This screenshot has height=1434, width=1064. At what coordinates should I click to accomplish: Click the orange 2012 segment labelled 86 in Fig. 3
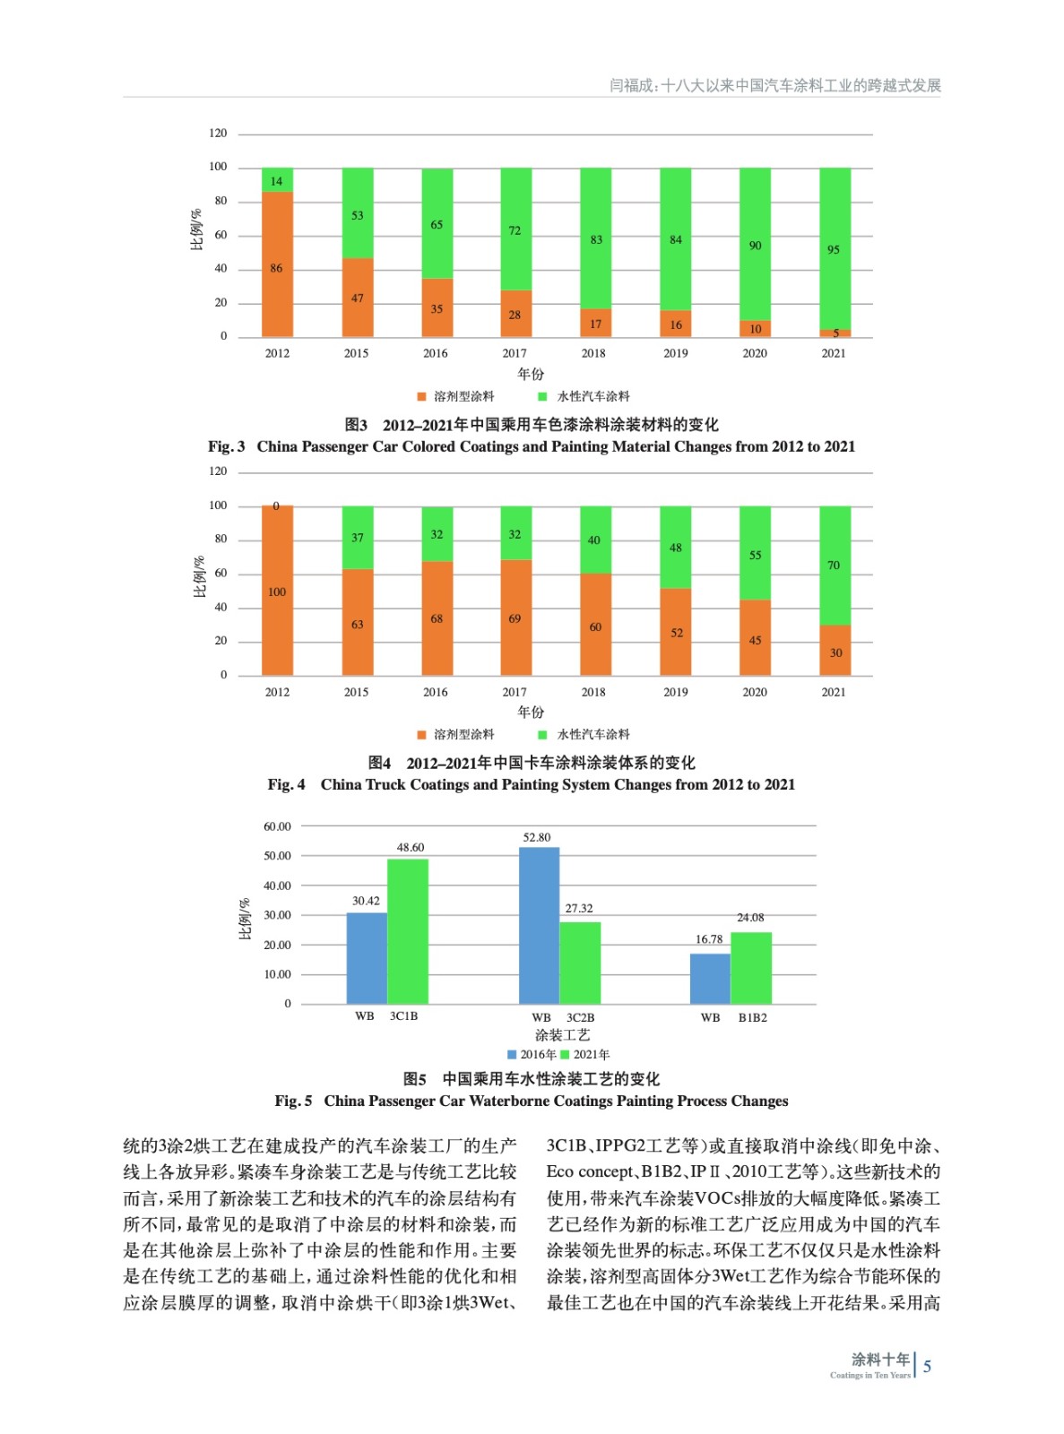click(277, 264)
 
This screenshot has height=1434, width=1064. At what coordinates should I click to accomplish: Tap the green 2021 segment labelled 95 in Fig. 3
click(835, 248)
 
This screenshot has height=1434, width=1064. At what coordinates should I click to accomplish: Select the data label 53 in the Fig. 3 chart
click(357, 215)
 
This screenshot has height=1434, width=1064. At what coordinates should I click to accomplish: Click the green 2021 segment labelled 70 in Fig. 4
click(835, 566)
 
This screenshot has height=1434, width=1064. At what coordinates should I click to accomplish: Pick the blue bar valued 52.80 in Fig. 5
click(539, 925)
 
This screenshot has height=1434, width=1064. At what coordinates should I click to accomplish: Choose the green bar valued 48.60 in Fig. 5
click(408, 931)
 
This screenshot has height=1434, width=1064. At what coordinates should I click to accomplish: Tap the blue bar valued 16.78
click(710, 979)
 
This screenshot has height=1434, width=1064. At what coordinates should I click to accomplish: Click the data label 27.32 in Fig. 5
click(579, 908)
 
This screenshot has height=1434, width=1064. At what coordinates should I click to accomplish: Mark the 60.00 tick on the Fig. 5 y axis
click(277, 826)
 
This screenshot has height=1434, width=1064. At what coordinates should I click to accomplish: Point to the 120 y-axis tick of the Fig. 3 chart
click(218, 133)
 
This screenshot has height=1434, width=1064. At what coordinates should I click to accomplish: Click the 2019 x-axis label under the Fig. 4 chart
click(676, 692)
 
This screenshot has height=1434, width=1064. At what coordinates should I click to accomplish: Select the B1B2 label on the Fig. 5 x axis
click(753, 1017)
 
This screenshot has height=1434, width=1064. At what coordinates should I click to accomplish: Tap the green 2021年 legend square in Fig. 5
click(566, 1055)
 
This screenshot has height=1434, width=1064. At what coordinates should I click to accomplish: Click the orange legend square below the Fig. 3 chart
click(421, 396)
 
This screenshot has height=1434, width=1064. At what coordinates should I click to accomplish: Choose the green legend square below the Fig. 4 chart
click(542, 735)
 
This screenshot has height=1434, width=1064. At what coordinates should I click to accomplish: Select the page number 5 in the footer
click(928, 1366)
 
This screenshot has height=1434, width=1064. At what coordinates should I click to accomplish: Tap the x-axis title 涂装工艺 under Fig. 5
click(562, 1035)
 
